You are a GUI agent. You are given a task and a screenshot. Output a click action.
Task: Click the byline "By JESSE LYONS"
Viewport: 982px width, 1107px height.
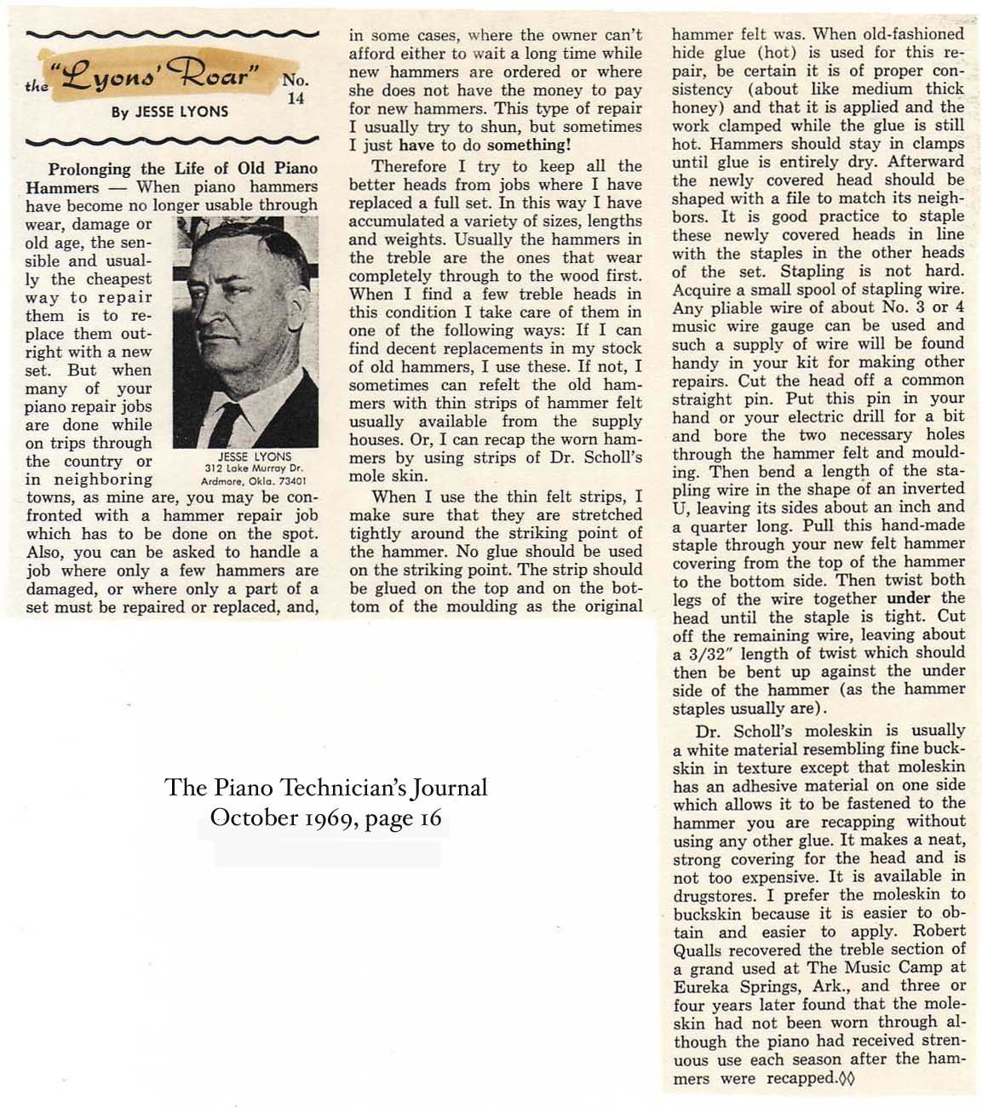point(169,112)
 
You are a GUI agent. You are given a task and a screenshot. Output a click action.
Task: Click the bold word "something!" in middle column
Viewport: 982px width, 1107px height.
point(541,145)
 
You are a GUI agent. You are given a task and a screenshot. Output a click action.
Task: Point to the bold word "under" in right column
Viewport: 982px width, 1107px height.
point(909,598)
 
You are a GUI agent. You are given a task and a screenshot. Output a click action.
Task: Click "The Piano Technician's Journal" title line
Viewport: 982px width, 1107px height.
point(326,787)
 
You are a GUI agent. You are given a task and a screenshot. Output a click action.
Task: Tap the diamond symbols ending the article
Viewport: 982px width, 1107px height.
point(847,1079)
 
